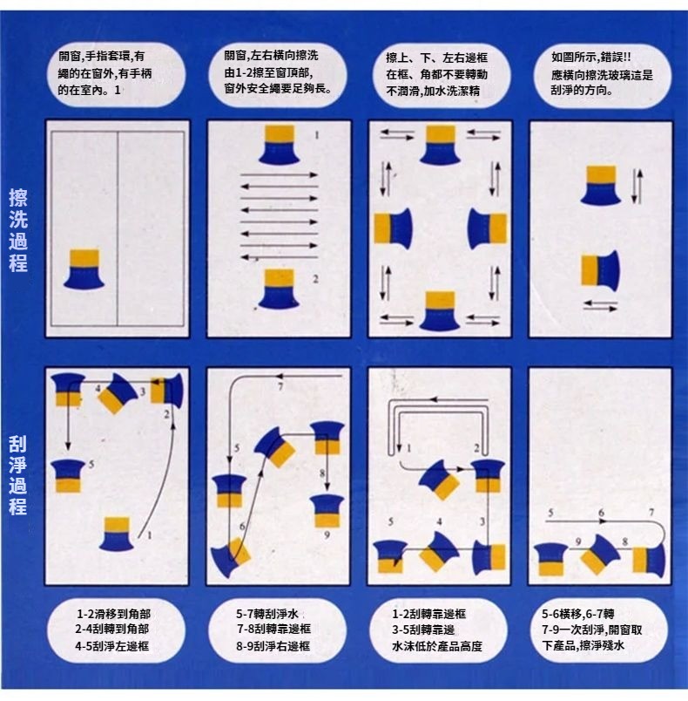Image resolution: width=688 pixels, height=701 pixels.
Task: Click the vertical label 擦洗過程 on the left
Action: pyautogui.click(x=18, y=230)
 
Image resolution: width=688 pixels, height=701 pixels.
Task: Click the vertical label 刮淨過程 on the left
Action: pyautogui.click(x=18, y=475)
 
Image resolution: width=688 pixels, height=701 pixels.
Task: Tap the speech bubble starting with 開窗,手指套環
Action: pyautogui.click(x=115, y=74)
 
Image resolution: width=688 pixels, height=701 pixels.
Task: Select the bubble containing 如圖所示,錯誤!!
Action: pyautogui.click(x=602, y=74)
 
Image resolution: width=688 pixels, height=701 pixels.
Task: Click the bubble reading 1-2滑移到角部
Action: pyautogui.click(x=116, y=630)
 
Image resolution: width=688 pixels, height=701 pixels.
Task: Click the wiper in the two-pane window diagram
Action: pyautogui.click(x=84, y=269)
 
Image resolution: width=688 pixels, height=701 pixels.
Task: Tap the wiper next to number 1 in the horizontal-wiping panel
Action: pyautogui.click(x=279, y=145)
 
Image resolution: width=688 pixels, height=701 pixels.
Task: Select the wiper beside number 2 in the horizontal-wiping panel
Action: pyautogui.click(x=279, y=289)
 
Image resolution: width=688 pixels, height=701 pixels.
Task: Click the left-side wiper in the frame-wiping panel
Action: pyautogui.click(x=393, y=228)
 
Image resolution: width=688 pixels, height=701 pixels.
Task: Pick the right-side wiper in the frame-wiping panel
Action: pyautogui.click(x=487, y=228)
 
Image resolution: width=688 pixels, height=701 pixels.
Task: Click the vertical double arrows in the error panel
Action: pyautogui.click(x=637, y=186)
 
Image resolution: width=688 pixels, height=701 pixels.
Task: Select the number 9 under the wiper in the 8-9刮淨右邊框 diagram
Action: pyautogui.click(x=327, y=534)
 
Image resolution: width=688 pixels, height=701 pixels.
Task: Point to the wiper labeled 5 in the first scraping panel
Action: pyautogui.click(x=67, y=476)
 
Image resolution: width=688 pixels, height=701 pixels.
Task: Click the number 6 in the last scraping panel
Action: pyautogui.click(x=602, y=513)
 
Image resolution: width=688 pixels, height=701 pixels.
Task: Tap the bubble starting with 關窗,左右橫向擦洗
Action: pyautogui.click(x=278, y=74)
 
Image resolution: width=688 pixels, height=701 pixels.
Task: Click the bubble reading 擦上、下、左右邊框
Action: pyautogui.click(x=441, y=74)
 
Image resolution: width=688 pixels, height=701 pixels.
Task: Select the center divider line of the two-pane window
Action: pyautogui.click(x=118, y=228)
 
